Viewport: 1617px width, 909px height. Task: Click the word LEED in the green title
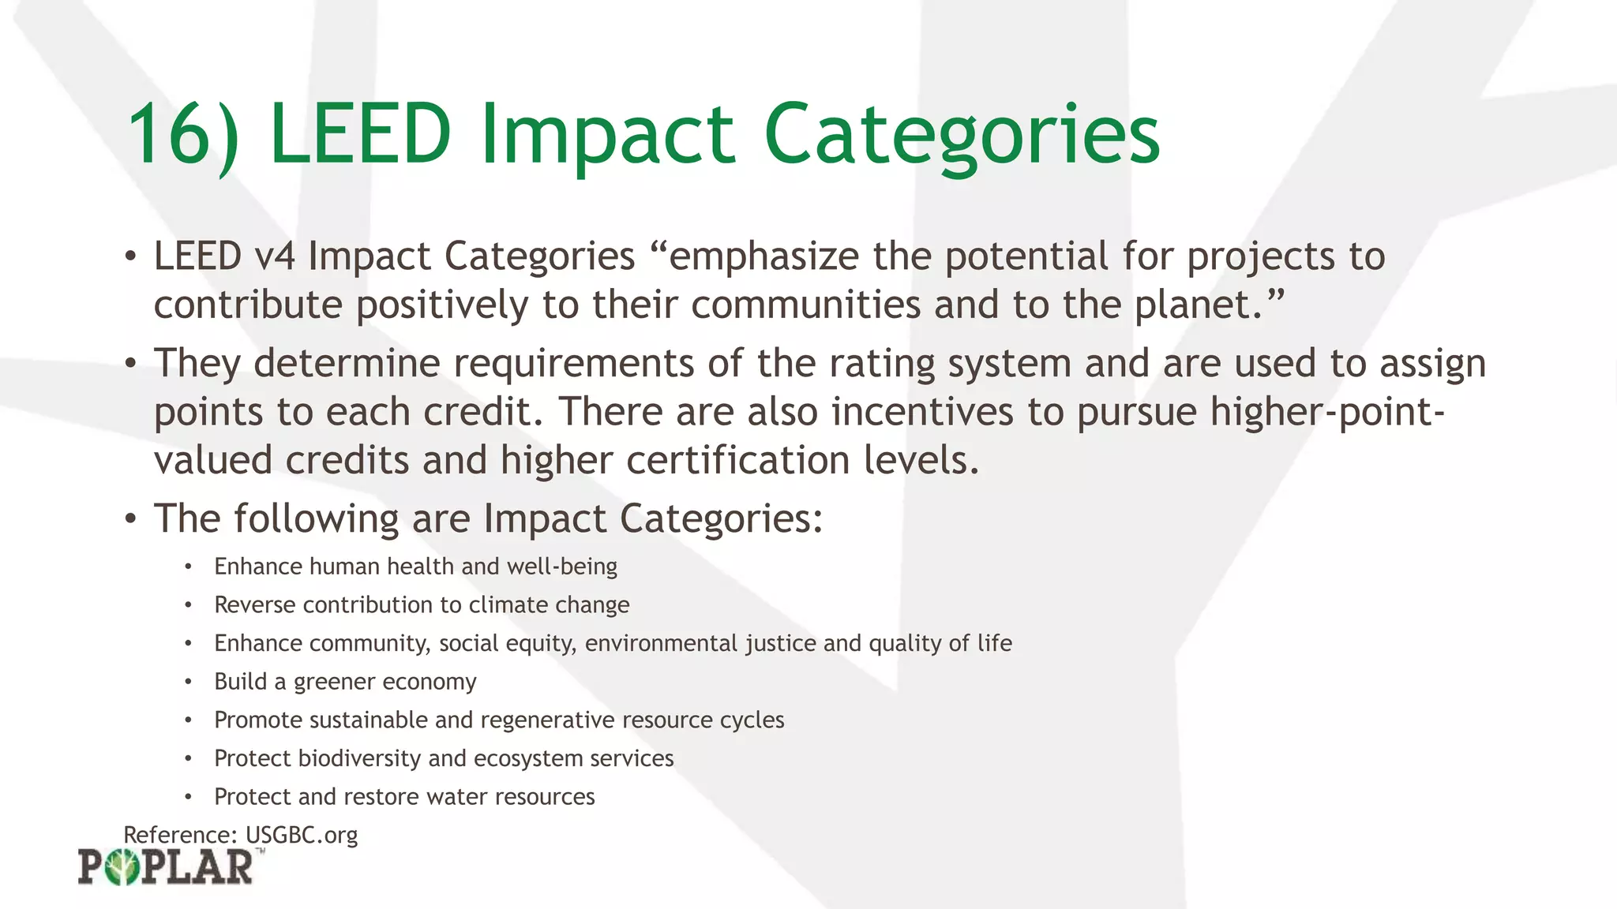(360, 134)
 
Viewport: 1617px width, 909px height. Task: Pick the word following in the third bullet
(316, 519)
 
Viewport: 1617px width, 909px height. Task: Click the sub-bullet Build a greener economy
(345, 682)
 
